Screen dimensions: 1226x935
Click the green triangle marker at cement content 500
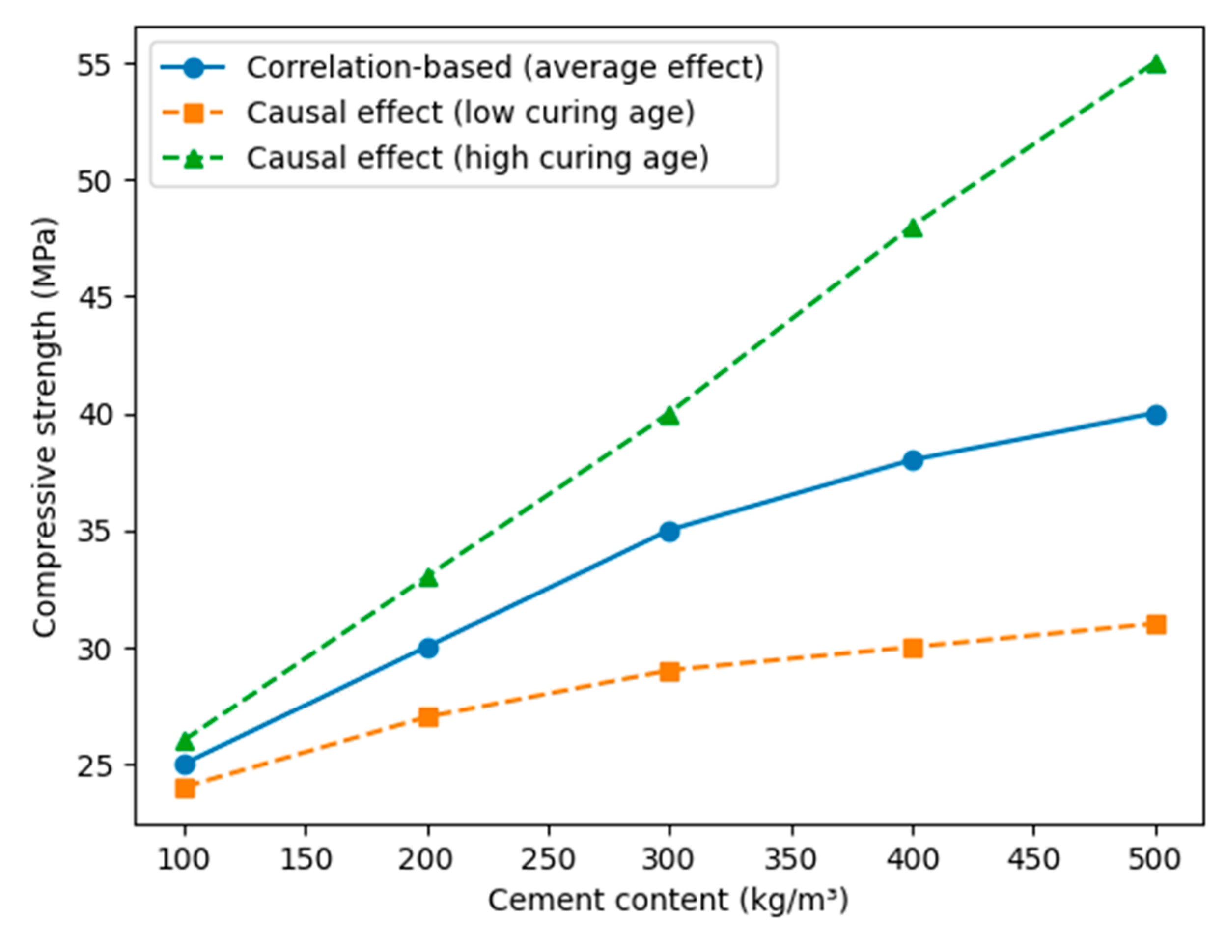[x=1156, y=64]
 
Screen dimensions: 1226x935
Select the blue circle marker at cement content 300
[x=669, y=532]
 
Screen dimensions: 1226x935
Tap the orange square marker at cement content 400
[x=913, y=648]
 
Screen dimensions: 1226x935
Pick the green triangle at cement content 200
[x=428, y=578]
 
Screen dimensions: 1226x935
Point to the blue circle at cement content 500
[x=1156, y=415]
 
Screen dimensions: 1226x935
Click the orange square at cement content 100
[x=185, y=788]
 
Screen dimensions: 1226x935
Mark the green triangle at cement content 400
[x=913, y=228]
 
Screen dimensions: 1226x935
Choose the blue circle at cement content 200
[x=428, y=648]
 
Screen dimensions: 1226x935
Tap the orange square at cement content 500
[x=1156, y=624]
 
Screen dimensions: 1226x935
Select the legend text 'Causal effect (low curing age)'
[x=471, y=113]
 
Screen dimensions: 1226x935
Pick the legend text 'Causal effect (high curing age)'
[x=478, y=158]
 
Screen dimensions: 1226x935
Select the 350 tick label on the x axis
[x=790, y=859]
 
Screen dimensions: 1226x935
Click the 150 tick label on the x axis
[x=306, y=859]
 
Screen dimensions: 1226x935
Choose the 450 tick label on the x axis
[x=1033, y=859]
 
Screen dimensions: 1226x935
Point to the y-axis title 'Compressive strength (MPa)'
[x=45, y=426]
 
